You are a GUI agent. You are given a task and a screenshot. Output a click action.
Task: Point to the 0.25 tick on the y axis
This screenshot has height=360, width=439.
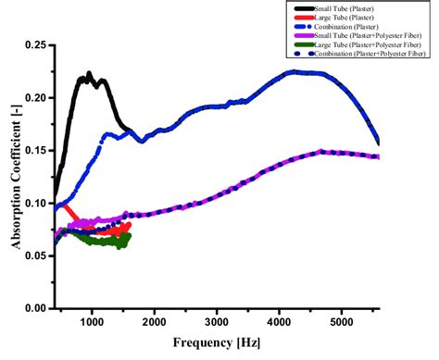[x=34, y=44]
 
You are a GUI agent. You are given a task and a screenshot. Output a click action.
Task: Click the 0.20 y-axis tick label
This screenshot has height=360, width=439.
[x=34, y=97]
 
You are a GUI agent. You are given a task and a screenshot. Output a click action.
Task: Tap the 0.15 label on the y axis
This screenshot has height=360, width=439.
[x=34, y=150]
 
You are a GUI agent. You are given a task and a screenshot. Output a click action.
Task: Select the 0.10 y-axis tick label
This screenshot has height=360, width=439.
[x=34, y=203]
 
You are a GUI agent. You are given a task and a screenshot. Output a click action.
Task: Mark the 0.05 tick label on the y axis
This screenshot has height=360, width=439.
[x=34, y=255]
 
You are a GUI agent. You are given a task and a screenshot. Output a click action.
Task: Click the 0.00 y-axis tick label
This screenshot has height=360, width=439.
[x=34, y=308]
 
